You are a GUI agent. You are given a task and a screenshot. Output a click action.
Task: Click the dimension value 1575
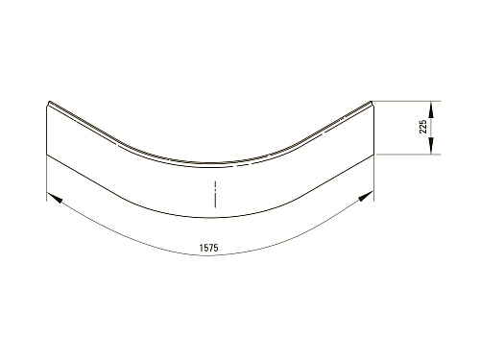point(208,248)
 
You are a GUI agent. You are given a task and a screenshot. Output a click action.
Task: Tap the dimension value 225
point(423,127)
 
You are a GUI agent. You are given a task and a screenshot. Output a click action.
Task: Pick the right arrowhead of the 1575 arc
point(366,196)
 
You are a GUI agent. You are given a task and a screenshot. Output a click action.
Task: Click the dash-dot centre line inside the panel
point(215,194)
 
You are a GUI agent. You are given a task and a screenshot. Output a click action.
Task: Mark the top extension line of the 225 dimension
point(406,101)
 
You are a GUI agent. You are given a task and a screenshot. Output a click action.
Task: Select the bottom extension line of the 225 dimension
point(409,155)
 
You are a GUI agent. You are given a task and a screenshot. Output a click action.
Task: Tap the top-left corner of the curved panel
point(49,102)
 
